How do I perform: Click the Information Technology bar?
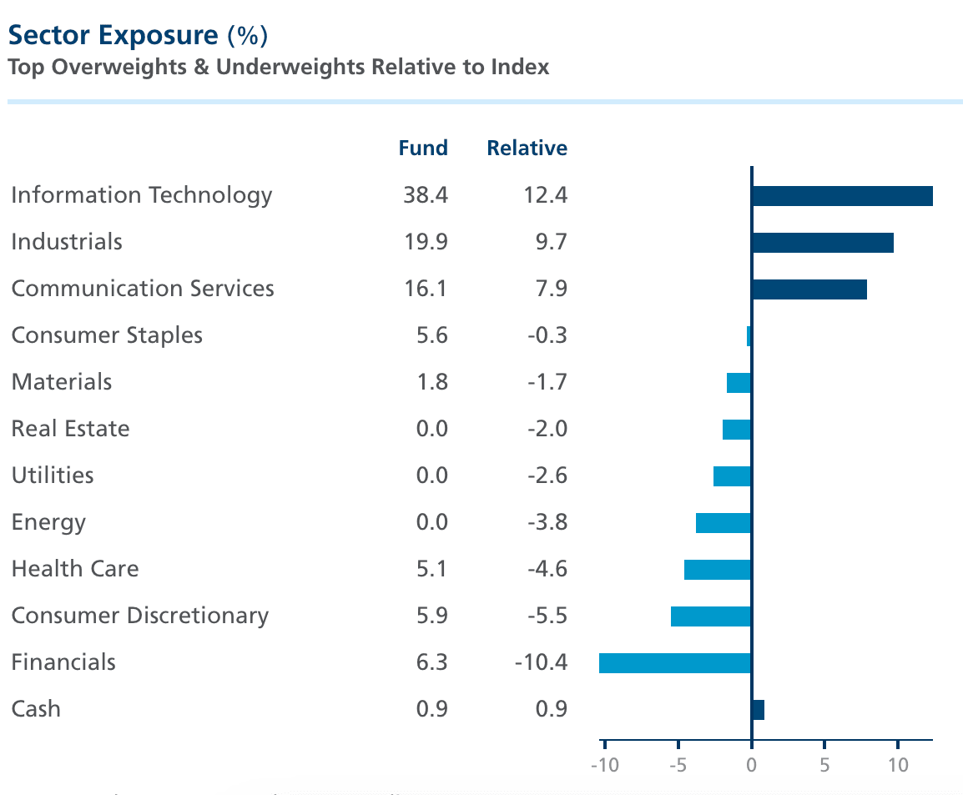click(x=841, y=196)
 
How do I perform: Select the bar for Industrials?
click(x=822, y=243)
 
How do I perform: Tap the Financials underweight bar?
click(x=675, y=663)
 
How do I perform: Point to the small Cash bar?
click(x=758, y=710)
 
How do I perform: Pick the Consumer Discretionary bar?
click(x=711, y=616)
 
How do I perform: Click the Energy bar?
click(x=724, y=523)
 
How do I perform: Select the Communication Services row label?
click(x=143, y=289)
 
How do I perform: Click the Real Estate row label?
click(x=71, y=429)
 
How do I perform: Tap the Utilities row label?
click(x=53, y=475)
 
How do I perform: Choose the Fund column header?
click(x=423, y=148)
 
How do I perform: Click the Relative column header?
click(x=527, y=148)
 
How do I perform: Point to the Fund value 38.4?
click(x=425, y=195)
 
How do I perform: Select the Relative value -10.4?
click(x=540, y=662)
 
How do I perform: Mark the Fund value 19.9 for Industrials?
click(x=425, y=242)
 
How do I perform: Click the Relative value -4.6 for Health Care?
click(x=547, y=569)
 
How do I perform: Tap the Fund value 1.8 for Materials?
click(x=431, y=382)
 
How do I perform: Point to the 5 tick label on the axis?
click(x=824, y=765)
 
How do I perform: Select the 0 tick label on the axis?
click(x=752, y=765)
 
